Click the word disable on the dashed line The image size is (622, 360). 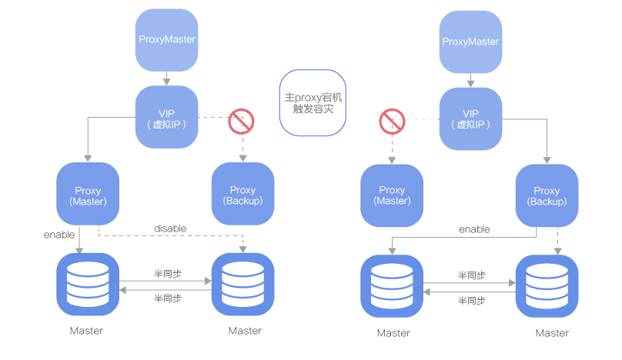tap(170, 228)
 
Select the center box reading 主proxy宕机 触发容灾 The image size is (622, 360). tap(313, 103)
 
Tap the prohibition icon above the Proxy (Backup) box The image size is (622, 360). tap(241, 122)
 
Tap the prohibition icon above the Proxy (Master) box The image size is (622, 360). tap(392, 122)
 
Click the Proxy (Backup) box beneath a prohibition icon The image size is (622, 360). tap(242, 195)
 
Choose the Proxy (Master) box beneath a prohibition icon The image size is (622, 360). tap(392, 195)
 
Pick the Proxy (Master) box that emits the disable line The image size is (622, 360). tap(88, 195)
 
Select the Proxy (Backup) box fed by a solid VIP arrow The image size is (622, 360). tap(547, 195)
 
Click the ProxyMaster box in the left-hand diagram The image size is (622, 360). tap(167, 39)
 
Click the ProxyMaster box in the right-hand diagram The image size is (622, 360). tap(470, 42)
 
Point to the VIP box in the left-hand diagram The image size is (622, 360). tap(166, 117)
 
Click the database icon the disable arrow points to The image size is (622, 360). tap(242, 285)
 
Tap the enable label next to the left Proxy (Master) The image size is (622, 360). tap(59, 234)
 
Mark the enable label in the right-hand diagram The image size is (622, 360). tap(474, 229)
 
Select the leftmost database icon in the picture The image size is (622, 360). tap(88, 285)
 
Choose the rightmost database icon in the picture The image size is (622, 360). tap(547, 286)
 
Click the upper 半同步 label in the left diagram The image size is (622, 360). tap(168, 274)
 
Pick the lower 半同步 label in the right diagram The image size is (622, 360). tap(472, 301)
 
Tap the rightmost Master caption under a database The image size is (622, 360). tap(552, 333)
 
